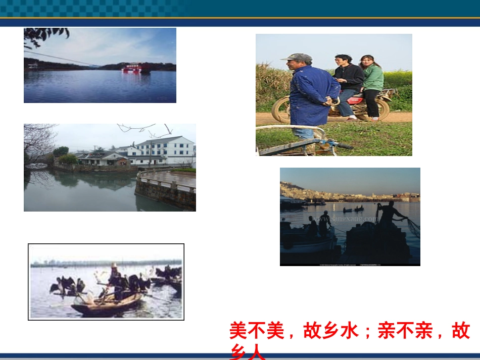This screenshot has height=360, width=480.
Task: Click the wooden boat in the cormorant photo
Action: [x=106, y=304]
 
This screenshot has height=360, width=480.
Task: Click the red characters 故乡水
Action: [x=330, y=331]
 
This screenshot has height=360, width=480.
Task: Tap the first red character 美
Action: [x=238, y=331]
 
